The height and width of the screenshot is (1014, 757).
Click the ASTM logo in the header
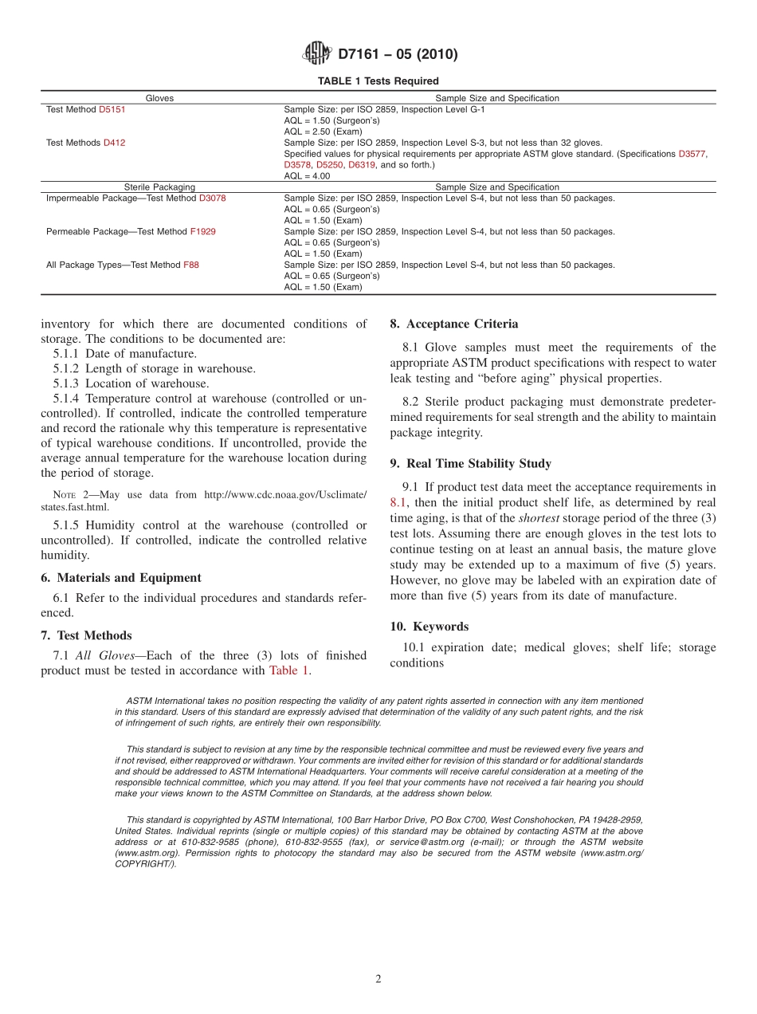pyautogui.click(x=317, y=54)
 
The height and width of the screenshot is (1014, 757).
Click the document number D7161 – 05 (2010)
pyautogui.click(x=398, y=55)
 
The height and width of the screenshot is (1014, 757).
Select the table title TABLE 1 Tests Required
pyautogui.click(x=378, y=81)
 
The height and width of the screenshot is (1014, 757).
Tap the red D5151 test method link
pyautogui.click(x=112, y=109)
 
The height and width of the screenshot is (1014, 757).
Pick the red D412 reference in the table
pyautogui.click(x=114, y=143)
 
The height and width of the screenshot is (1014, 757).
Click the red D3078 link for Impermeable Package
pyautogui.click(x=212, y=198)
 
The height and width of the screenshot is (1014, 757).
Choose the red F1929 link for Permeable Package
pyautogui.click(x=202, y=232)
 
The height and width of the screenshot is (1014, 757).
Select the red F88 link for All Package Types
pyautogui.click(x=191, y=265)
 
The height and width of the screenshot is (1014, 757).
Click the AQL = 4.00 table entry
pyautogui.click(x=307, y=176)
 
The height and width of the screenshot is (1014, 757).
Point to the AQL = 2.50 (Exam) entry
pyautogui.click(x=323, y=132)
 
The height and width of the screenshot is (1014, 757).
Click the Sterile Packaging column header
pyautogui.click(x=159, y=187)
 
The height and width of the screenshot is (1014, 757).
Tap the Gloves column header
pyautogui.click(x=159, y=98)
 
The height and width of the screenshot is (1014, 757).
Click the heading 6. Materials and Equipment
pyautogui.click(x=120, y=578)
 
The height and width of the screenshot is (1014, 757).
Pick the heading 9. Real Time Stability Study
pyautogui.click(x=470, y=463)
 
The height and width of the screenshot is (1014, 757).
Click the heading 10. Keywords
pyautogui.click(x=429, y=627)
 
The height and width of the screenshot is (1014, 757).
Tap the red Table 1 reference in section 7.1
pyautogui.click(x=288, y=670)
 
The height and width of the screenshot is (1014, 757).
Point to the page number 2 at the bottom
pyautogui.click(x=378, y=979)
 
